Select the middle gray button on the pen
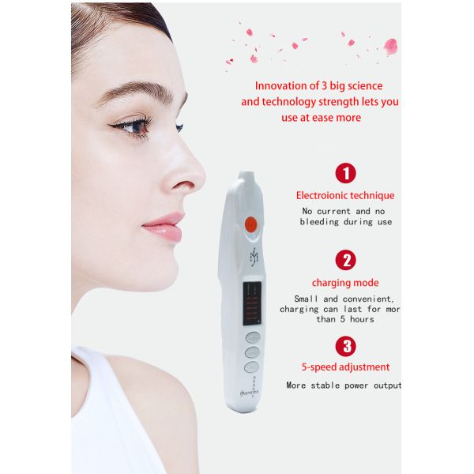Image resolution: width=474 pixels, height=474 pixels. tap(252, 352)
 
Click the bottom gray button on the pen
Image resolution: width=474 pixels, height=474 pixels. tap(251, 367)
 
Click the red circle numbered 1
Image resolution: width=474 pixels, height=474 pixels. tap(345, 173)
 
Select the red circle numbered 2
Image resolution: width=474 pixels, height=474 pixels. tap(345, 260)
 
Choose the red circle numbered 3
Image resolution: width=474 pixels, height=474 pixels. tap(345, 345)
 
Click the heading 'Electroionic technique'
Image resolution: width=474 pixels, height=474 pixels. tap(345, 195)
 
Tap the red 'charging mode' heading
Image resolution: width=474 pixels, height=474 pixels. tap(345, 282)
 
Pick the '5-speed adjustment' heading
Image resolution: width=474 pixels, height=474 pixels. tap(345, 367)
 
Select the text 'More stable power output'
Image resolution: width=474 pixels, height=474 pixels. tap(344, 386)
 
